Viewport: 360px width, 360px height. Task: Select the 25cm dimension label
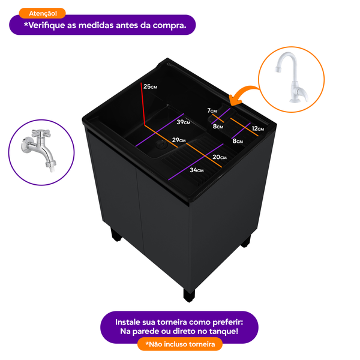point(150,87)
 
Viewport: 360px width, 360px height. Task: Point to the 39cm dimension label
point(183,122)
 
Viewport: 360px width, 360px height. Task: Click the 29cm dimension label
point(178,140)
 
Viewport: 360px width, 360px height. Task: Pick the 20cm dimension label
point(219,157)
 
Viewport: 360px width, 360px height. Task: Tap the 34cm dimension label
point(197,170)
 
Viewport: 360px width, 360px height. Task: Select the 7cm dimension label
point(212,110)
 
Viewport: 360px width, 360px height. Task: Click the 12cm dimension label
point(258,128)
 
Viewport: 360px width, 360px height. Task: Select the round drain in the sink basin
point(161,144)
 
